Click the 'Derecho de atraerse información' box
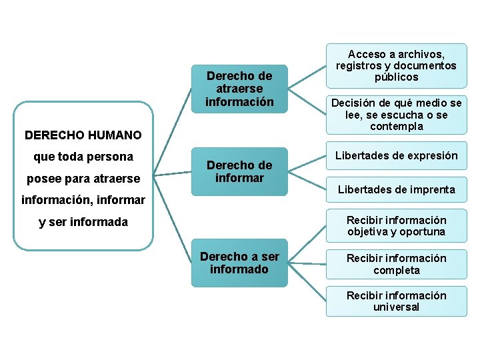coord(239,89)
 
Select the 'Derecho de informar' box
coord(239,171)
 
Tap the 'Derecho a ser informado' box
coord(239,263)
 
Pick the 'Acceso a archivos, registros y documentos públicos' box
coord(396,65)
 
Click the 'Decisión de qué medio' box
coord(396,115)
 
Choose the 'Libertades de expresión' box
coord(396,155)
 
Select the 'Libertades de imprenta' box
coord(396,189)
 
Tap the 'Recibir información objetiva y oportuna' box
coord(396,226)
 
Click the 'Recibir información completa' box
coord(396,264)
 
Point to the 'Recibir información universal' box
coord(396,301)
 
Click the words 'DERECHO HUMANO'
coord(83,135)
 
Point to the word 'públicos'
coord(396,77)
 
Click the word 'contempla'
coord(396,127)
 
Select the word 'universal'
coord(396,307)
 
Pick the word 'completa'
coord(396,270)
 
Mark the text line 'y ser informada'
coord(83,222)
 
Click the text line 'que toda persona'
coord(83,157)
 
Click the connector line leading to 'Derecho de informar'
coord(173,174)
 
